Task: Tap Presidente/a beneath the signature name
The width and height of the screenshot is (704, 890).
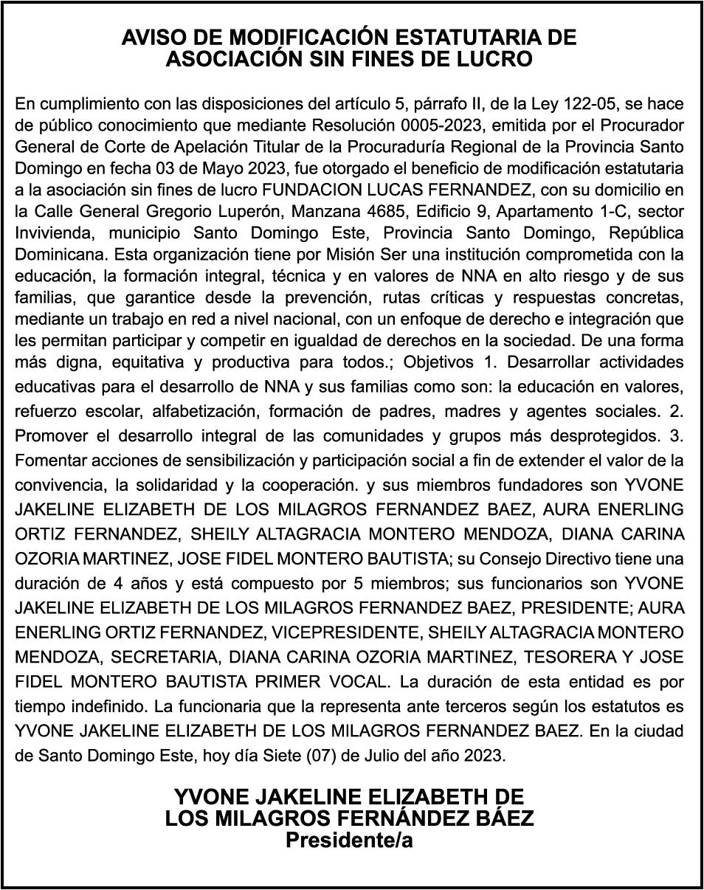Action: pyautogui.click(x=349, y=840)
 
